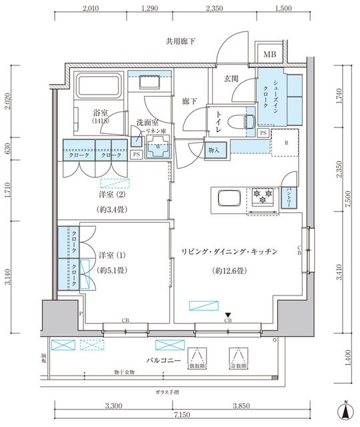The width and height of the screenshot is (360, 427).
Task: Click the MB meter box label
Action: tap(270, 55)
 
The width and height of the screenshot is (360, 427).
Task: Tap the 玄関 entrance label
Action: tap(231, 79)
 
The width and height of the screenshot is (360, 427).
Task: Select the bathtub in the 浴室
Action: tap(97, 87)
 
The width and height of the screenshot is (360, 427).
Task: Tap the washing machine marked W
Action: tap(158, 149)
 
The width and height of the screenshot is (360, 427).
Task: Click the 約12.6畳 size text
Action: tap(230, 271)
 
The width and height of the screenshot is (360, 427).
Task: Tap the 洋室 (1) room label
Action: tap(111, 256)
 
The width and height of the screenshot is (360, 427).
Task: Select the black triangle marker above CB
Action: tap(228, 315)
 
